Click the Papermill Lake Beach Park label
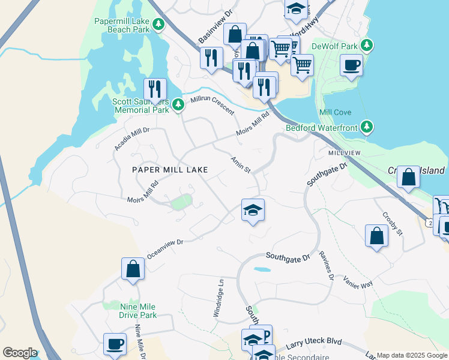[x=122, y=25]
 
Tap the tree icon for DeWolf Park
[x=368, y=46]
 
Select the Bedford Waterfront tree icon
[x=367, y=127]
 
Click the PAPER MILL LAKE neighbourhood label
[x=170, y=170]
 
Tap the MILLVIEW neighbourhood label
[x=345, y=153]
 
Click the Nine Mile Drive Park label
[x=130, y=311]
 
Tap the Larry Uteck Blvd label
[x=314, y=343]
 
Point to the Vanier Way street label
[x=358, y=282]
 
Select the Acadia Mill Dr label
[x=131, y=139]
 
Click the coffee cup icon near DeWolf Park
[x=351, y=64]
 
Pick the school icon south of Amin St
[x=253, y=210]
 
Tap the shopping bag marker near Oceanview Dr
[x=133, y=269]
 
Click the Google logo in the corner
[x=20, y=353]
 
